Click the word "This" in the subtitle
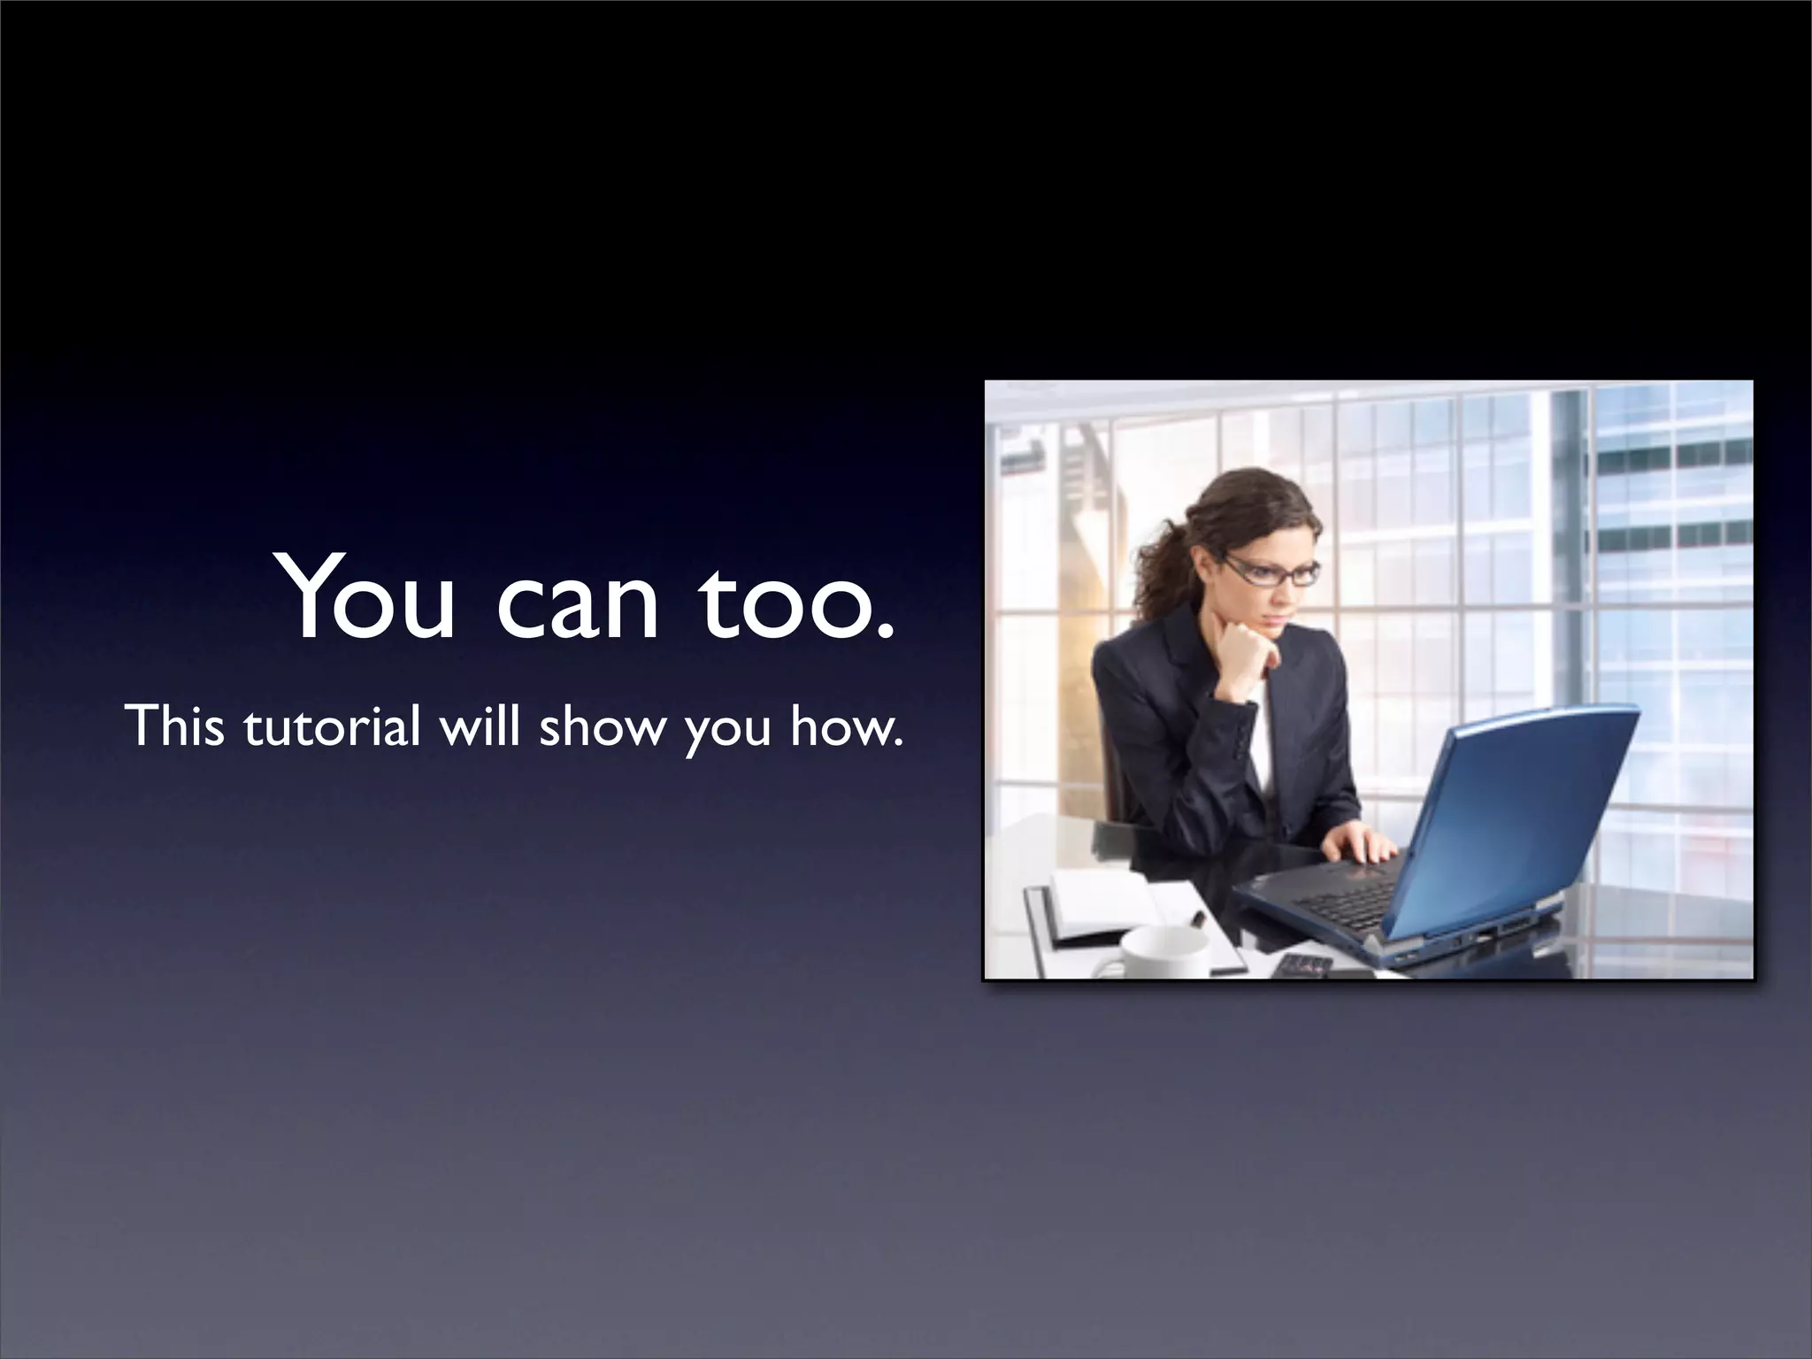[x=174, y=726]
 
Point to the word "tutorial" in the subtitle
[x=331, y=726]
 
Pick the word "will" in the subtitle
[x=481, y=726]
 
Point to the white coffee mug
[x=1163, y=951]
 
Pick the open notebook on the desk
[x=1106, y=902]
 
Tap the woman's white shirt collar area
[x=1261, y=734]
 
